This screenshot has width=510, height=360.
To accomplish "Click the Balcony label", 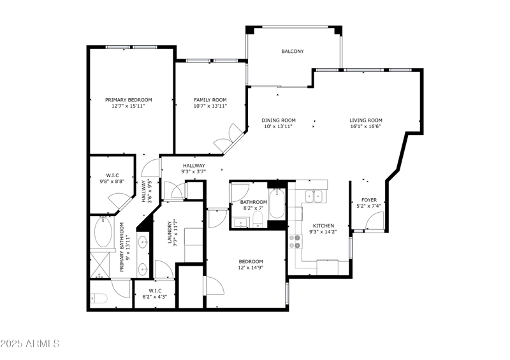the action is tap(293, 52).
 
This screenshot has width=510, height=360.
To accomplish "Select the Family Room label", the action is tap(210, 100).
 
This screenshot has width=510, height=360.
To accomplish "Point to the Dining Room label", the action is tap(279, 120).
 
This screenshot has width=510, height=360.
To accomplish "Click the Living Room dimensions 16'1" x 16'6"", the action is tap(365, 126).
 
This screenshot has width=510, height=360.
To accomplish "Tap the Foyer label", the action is tap(369, 200).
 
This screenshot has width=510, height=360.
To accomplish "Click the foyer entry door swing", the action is tap(374, 220).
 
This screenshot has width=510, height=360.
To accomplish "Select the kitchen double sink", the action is tap(314, 196).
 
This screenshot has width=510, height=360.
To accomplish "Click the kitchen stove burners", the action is tap(295, 241).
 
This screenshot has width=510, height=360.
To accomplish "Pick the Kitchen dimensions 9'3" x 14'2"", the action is tap(323, 232).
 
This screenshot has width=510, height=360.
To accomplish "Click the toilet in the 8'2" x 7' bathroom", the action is tap(258, 219).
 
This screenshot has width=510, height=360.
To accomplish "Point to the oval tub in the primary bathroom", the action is tap(103, 232).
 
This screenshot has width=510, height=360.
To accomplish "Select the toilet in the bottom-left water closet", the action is tap(99, 298).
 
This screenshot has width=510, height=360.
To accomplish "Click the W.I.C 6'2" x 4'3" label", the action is tap(155, 294).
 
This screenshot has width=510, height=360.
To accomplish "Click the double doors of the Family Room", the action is tap(229, 138).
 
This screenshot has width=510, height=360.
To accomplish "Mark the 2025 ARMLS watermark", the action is tap(30, 343).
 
